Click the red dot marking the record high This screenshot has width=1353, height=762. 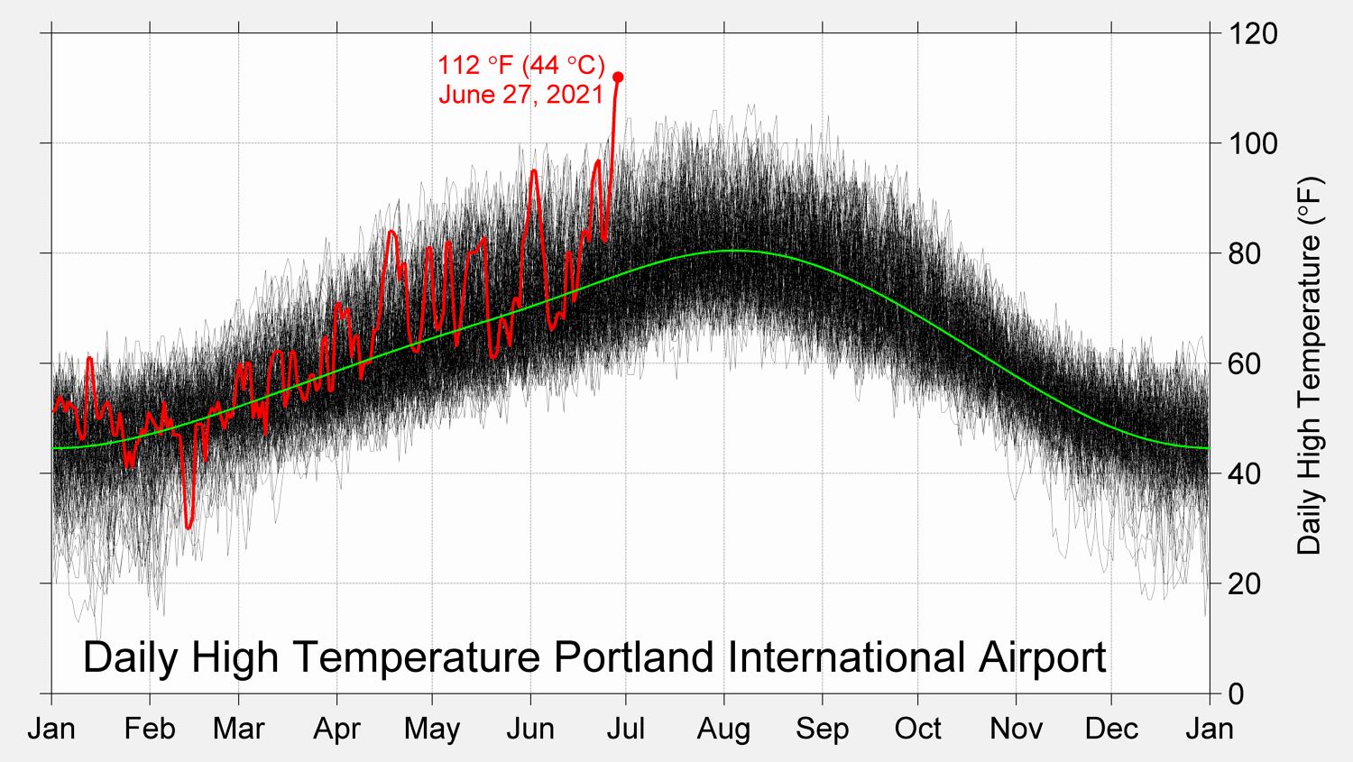(x=618, y=78)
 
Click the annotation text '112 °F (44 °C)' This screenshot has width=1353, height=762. (x=521, y=65)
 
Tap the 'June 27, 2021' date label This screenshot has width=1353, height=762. (x=520, y=94)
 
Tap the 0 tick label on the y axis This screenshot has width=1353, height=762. (x=1237, y=693)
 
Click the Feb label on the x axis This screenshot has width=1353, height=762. (x=150, y=729)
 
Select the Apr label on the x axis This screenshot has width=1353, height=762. (x=336, y=729)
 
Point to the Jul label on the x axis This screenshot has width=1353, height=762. (x=625, y=729)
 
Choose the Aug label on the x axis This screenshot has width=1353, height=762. (x=723, y=729)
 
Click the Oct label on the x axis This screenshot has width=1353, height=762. (x=917, y=729)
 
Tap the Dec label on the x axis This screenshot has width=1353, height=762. (x=1111, y=729)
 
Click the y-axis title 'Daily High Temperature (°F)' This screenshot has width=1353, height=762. (x=1309, y=365)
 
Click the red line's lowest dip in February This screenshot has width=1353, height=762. (x=189, y=527)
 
